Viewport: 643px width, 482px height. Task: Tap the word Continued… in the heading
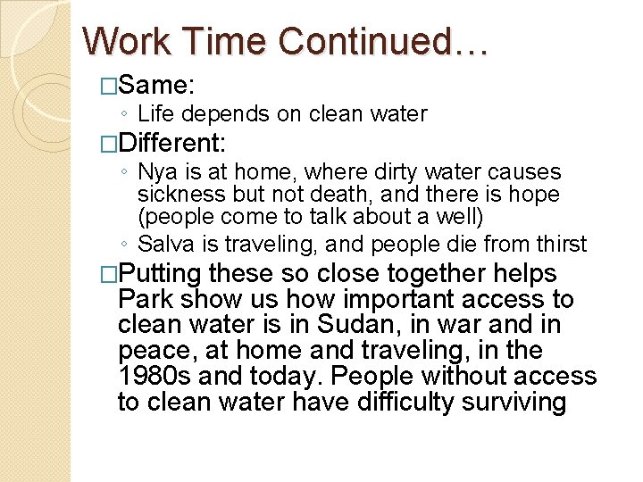click(384, 41)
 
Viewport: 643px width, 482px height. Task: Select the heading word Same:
click(156, 86)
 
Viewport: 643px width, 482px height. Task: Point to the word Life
click(155, 114)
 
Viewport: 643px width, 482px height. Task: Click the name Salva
click(162, 243)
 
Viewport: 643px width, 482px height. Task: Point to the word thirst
click(561, 243)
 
